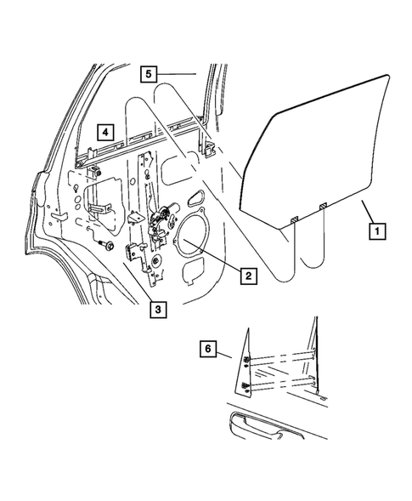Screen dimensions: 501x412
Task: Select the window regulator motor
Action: coord(162,223)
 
